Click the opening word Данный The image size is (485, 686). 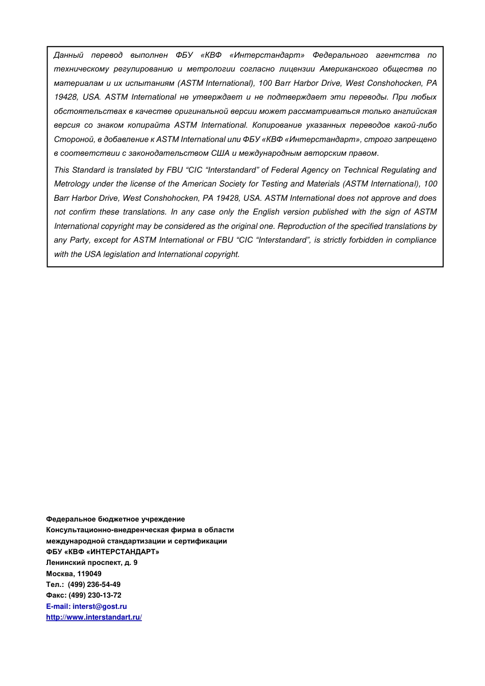coord(68,55)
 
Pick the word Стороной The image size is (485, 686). coord(74,139)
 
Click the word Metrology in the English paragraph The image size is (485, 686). coord(71,184)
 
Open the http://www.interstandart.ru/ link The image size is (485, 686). coord(94,617)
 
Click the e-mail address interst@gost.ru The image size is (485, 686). coord(100,606)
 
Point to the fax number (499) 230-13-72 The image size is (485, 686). coord(94,595)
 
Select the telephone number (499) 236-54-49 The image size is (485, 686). coord(94,584)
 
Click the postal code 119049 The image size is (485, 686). coord(89,574)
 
